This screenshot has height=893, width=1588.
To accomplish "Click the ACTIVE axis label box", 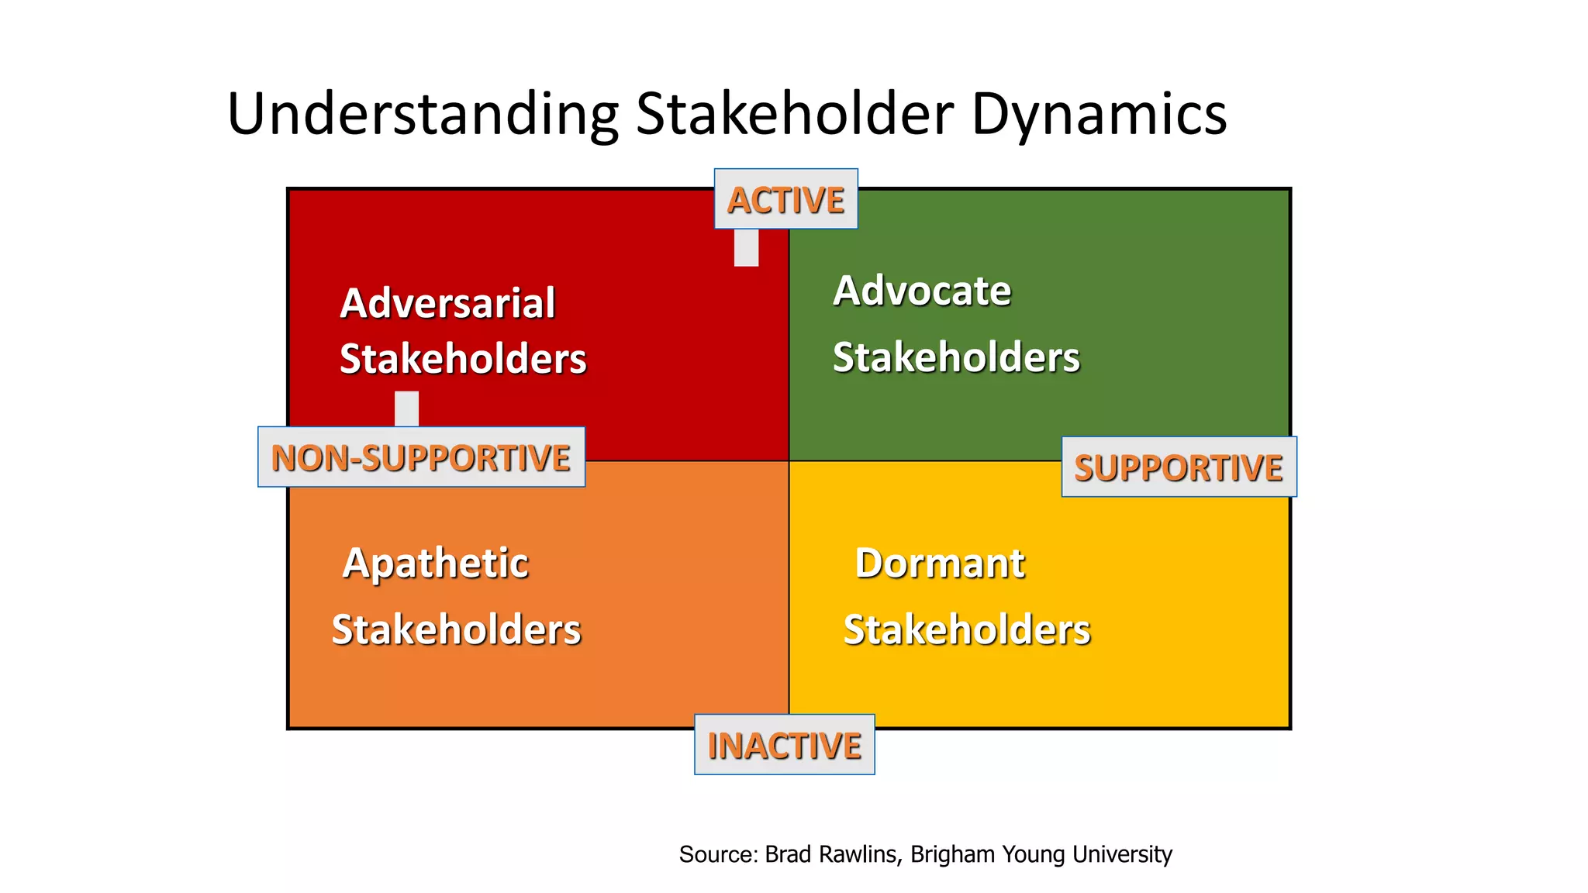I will tap(785, 199).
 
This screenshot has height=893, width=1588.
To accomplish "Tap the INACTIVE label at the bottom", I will tap(784, 745).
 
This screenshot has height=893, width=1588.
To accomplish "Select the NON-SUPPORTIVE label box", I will tap(421, 457).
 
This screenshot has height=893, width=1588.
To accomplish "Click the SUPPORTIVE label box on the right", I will tap(1178, 467).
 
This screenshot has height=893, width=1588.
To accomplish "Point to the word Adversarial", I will tap(447, 303).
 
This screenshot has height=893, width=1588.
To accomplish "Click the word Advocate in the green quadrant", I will tap(922, 291).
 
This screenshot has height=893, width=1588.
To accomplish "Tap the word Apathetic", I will tap(436, 563).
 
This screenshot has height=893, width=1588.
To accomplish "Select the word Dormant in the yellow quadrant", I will tap(940, 563).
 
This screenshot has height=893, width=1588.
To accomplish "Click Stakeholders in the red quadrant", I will tap(463, 359).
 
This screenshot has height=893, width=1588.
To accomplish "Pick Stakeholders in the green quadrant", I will tap(956, 357).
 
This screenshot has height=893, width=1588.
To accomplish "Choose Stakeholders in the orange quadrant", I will tap(456, 629).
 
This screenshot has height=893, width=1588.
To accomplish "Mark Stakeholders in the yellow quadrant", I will tap(967, 629).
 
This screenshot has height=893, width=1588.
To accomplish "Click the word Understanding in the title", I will tap(423, 115).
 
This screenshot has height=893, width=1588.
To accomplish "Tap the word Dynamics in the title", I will tap(1099, 115).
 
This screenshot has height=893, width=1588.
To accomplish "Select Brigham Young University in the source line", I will tap(1041, 854).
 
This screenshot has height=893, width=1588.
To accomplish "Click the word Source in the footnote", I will tap(717, 854).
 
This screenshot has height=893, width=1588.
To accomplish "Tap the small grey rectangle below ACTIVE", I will tap(746, 247).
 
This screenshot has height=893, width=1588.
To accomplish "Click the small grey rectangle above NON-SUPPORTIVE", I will tap(406, 409).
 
